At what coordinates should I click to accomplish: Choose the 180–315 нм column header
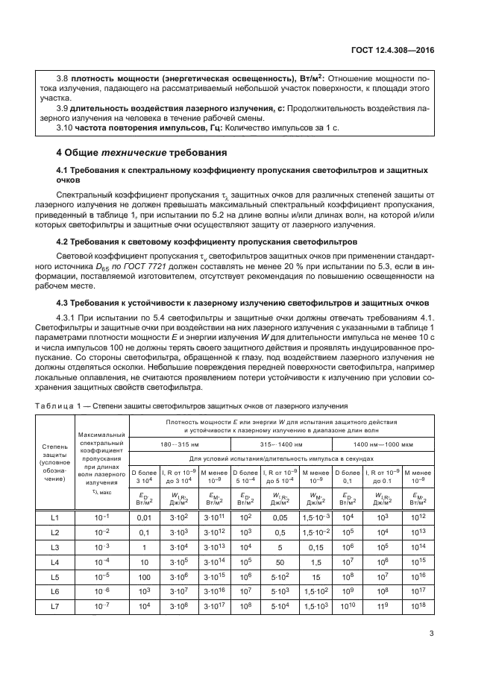tap(179, 444)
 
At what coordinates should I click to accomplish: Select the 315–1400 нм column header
tap(281, 444)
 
